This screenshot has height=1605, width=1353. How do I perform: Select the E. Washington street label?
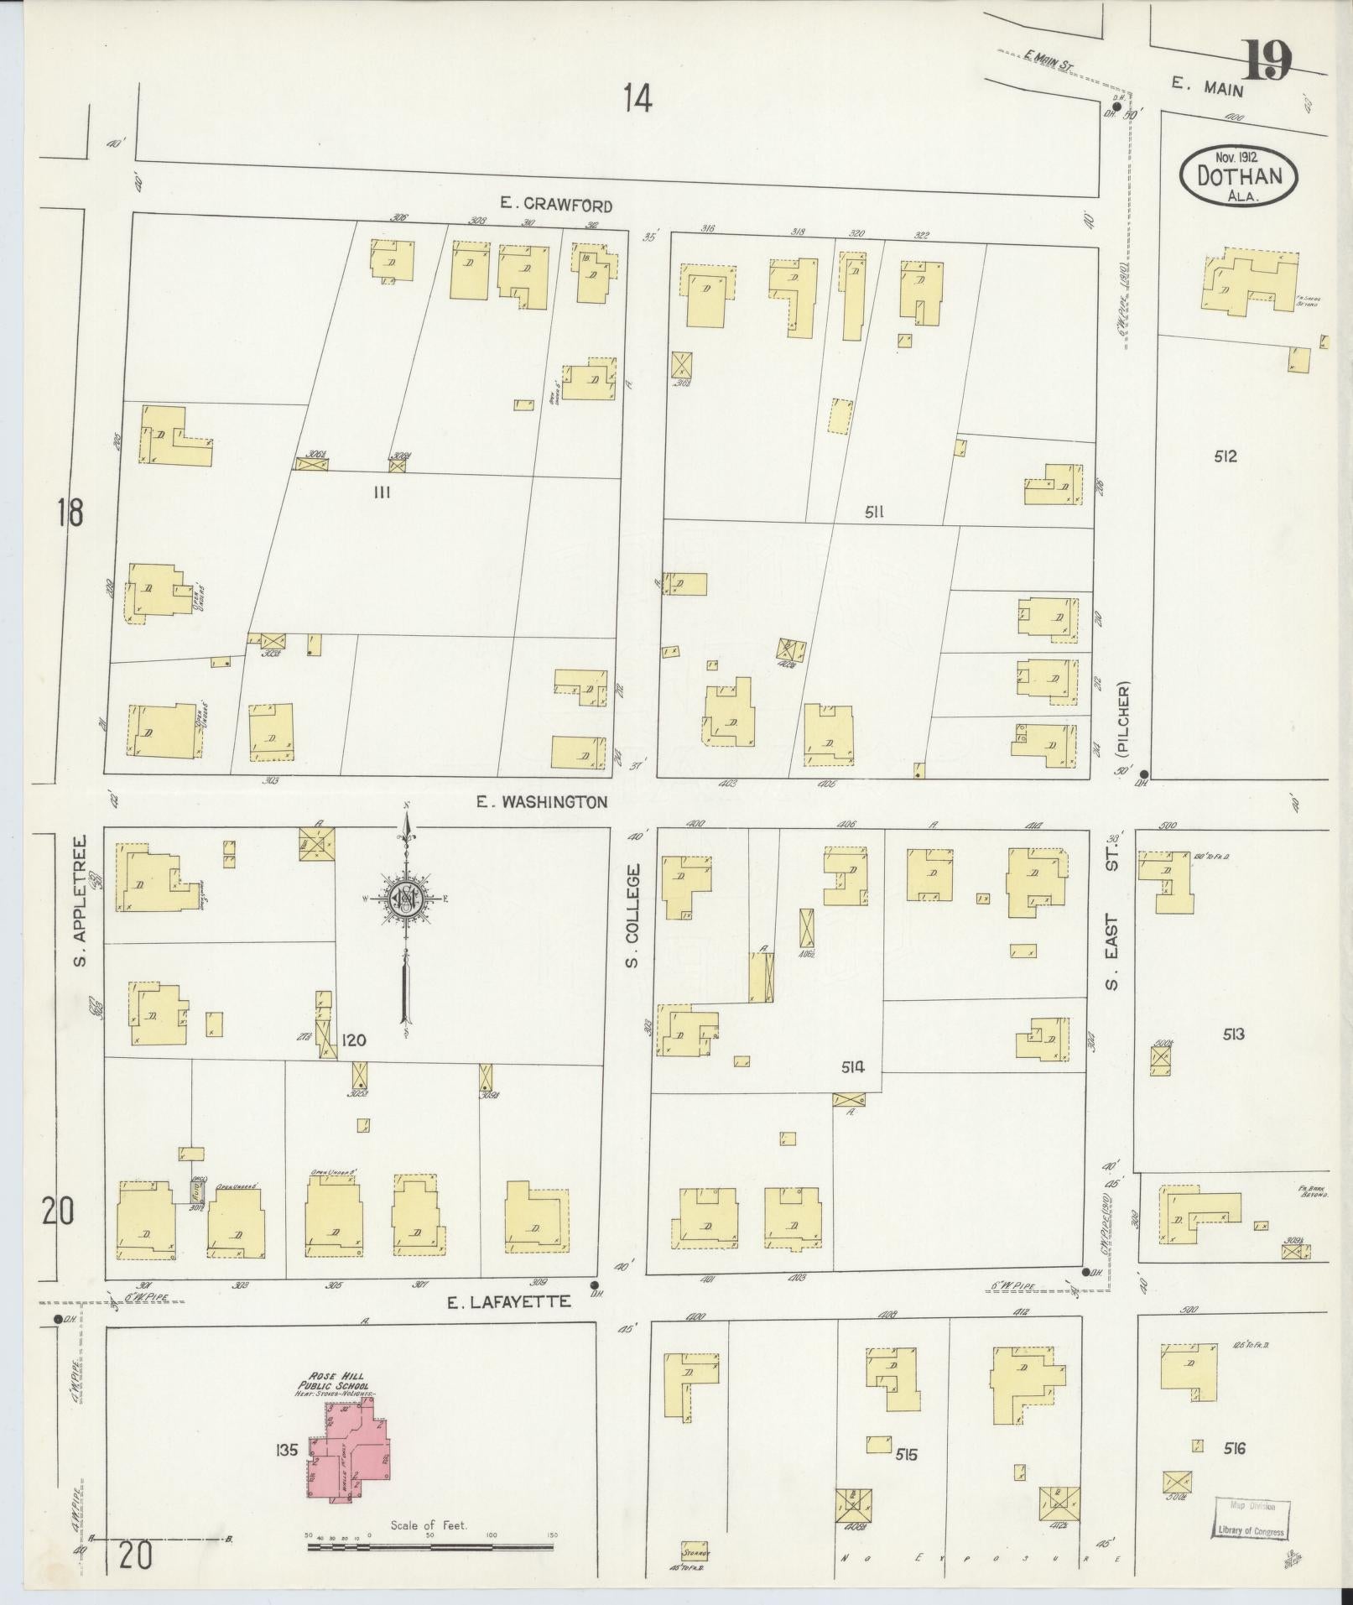pos(541,802)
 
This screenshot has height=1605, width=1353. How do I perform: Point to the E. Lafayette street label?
pos(509,1326)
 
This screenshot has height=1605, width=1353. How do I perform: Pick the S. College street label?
pos(633,915)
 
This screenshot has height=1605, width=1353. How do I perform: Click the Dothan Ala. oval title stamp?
pos(1240,176)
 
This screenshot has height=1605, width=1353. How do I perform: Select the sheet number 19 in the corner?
pos(1267,60)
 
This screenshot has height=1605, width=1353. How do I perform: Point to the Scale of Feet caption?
pos(429,1525)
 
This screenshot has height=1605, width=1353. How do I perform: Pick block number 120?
pos(353,1040)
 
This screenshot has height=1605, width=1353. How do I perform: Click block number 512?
pos(1225,457)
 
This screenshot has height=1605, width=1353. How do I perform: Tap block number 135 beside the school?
pos(286,1449)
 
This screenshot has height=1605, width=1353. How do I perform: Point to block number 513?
pos(1233,1034)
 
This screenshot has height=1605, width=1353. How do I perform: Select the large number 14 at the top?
pos(637,100)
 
